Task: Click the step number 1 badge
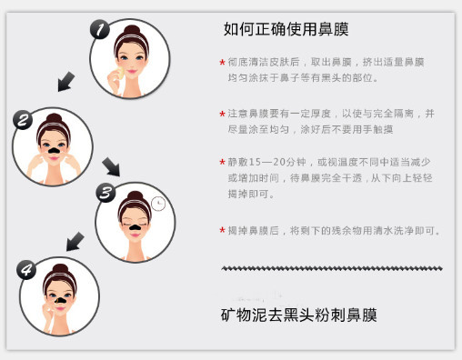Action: coord(100,29)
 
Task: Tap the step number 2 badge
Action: coord(23,120)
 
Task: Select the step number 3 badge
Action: coord(105,193)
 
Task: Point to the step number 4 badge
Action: coord(26,269)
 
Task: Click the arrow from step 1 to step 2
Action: coord(65,82)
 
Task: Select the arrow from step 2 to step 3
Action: coord(111,166)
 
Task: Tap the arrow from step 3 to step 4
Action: coord(75,242)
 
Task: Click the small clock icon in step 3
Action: coord(158,204)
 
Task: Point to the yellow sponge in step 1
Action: coord(119,73)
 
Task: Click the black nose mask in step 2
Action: coord(54,149)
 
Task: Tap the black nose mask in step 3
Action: coord(135,226)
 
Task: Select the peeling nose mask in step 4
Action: coord(60,300)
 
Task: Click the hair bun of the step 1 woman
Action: coord(132,30)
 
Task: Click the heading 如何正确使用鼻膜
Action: coord(286,29)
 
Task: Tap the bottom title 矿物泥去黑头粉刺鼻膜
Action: coord(299,315)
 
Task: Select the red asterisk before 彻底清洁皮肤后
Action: coord(222,63)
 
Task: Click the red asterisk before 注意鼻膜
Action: coord(222,115)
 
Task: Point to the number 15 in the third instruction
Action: coord(255,162)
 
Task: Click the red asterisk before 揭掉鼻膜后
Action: coord(222,230)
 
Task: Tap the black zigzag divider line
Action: coord(332,268)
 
